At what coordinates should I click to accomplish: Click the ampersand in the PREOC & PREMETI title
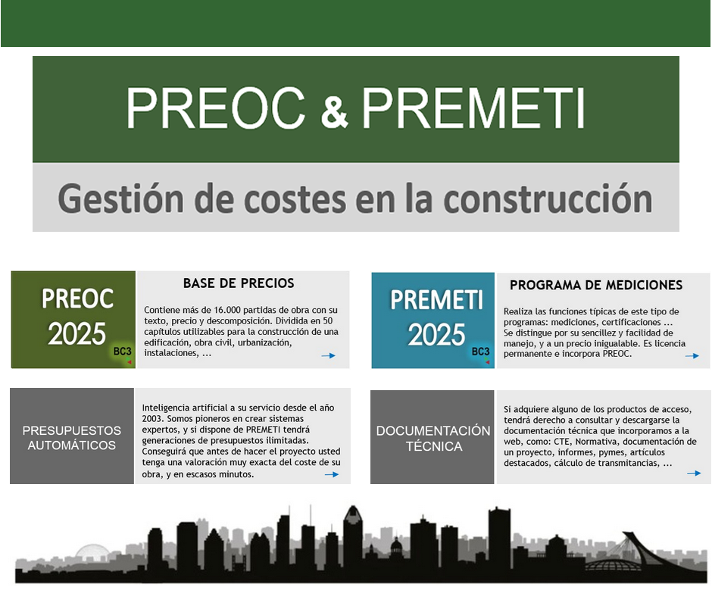(x=334, y=113)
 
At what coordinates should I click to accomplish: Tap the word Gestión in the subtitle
(x=120, y=199)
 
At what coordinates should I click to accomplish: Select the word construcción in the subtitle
(x=548, y=199)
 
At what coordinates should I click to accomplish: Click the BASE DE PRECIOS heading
(x=239, y=283)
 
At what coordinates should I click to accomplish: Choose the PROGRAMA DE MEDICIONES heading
(x=596, y=285)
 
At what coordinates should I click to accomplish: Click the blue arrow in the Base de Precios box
(x=328, y=356)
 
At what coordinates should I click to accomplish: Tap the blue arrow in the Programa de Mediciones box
(x=692, y=356)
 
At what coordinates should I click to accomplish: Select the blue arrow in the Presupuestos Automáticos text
(x=332, y=474)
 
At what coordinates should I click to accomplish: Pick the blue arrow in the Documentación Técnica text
(x=694, y=474)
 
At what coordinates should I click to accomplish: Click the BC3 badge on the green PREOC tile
(x=123, y=352)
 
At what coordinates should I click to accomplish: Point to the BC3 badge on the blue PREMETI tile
(x=480, y=352)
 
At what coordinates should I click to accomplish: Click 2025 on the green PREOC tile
(x=77, y=334)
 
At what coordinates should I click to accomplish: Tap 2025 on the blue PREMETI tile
(x=436, y=335)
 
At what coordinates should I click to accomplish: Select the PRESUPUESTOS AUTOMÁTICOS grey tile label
(x=72, y=438)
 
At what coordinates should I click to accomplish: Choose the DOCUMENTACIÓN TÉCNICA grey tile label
(x=433, y=439)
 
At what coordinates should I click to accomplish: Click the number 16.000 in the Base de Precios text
(x=227, y=311)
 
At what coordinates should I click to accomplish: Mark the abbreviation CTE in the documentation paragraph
(x=562, y=441)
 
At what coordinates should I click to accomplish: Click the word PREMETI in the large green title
(x=473, y=108)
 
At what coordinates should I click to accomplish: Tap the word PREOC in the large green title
(x=215, y=108)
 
